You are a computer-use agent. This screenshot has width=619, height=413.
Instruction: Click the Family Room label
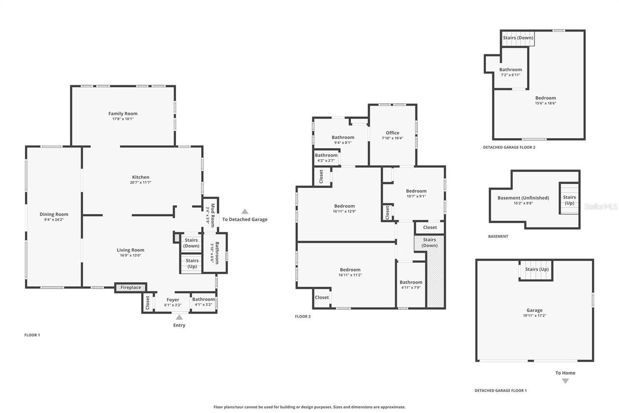[123, 114]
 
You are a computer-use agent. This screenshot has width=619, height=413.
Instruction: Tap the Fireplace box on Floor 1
[131, 288]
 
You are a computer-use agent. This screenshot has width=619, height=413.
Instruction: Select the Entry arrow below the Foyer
[179, 317]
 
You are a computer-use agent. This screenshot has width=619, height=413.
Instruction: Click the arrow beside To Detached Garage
[245, 211]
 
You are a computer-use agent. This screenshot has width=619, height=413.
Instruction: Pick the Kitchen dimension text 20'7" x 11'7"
[140, 183]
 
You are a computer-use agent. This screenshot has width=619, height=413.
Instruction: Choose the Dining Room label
[54, 214]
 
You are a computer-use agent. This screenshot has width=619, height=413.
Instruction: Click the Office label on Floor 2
[392, 133]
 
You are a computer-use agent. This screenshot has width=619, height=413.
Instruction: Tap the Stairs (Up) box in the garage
[537, 269]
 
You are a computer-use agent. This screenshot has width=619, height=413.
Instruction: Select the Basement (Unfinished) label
[523, 198]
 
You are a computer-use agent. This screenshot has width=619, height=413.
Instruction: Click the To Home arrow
[565, 381]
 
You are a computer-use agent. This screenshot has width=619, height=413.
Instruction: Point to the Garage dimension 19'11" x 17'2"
[534, 316]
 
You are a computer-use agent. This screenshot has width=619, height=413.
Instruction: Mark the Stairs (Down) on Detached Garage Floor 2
[518, 38]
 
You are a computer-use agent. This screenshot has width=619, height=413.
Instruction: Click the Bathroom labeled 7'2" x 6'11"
[511, 70]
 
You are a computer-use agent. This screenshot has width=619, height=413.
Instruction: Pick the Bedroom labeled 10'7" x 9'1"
[416, 191]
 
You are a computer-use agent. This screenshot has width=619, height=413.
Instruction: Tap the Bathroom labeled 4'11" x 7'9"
[411, 282]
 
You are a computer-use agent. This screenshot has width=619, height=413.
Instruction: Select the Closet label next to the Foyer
[147, 303]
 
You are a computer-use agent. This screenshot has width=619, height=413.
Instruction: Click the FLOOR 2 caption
[303, 317]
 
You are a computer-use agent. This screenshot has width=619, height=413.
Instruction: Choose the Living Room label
[131, 250]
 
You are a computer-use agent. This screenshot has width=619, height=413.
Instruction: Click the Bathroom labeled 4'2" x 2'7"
[326, 155]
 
